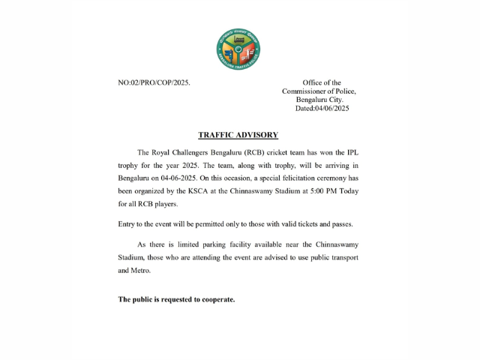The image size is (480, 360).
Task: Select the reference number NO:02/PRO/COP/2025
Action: [154, 82]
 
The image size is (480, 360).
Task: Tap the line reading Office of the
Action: [322, 82]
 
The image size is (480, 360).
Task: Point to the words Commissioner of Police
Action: [319, 91]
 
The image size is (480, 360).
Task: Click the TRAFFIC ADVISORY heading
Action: [238, 135]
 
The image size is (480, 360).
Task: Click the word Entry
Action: [127, 224]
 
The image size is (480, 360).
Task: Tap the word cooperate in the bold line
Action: [217, 299]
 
